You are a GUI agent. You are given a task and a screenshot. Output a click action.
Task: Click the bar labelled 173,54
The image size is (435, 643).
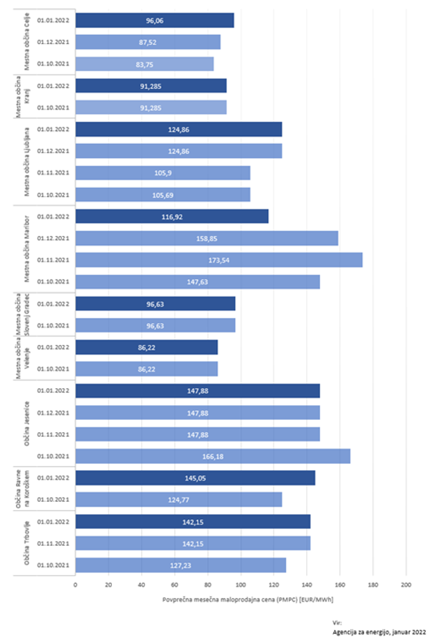pos(219,260)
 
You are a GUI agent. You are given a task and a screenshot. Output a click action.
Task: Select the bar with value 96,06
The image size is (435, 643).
pos(155,20)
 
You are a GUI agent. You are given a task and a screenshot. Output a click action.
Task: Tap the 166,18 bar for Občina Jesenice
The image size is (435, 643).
pos(213,456)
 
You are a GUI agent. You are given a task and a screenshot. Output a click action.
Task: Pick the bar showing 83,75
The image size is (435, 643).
pos(144,64)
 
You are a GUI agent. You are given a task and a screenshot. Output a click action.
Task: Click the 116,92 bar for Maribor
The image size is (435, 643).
pos(172,216)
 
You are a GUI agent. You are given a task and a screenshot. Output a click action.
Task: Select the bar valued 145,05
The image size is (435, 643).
pos(195,478)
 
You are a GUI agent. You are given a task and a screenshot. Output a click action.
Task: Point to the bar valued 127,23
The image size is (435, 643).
pos(180,565)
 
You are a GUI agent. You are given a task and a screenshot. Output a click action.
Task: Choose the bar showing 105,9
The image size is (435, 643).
pos(163,173)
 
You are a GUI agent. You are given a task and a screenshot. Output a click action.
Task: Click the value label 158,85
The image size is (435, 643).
pos(206,239)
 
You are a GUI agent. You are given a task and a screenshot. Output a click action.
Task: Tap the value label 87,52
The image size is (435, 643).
pos(148,42)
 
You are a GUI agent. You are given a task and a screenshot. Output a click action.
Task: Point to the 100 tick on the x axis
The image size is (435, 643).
pos(241,585)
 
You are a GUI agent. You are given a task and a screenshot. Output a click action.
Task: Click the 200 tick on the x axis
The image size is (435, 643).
pos(406,585)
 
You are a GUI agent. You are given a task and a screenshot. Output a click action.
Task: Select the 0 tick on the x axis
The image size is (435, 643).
pos(75,585)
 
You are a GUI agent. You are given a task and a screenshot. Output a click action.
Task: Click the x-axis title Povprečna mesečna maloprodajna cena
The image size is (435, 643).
pos(248,600)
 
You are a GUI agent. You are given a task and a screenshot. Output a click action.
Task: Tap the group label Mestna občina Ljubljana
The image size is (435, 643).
pos(27,162)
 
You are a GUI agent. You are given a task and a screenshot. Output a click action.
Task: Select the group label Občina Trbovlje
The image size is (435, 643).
pos(27,543)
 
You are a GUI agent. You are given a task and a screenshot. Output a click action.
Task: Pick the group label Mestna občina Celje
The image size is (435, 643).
pos(27,42)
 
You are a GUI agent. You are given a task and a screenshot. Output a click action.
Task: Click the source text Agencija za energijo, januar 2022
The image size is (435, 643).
pos(379,632)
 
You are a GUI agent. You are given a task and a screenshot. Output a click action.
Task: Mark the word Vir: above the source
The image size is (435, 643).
pos(337,623)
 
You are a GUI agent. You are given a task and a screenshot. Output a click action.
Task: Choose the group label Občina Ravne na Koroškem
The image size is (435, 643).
pos(22,489)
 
